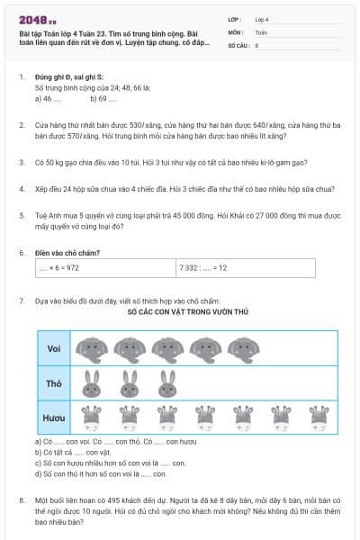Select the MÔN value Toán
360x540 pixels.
coord(262,31)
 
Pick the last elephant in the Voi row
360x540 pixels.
coord(242,348)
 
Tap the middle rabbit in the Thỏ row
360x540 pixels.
coord(129,383)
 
